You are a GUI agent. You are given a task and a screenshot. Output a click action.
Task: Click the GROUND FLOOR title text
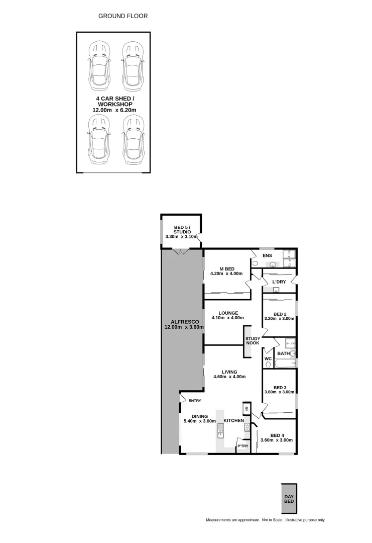tap(123, 16)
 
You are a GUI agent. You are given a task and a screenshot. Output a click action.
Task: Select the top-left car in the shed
tap(99, 64)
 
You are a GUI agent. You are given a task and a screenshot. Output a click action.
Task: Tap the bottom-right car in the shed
tap(133, 139)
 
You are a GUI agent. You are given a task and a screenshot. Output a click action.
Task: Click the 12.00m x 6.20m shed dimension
tap(114, 110)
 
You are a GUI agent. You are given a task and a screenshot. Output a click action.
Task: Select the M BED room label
tap(226, 268)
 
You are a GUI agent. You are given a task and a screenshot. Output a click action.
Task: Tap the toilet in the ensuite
tap(255, 263)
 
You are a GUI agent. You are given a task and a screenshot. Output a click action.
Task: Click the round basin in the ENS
tap(273, 265)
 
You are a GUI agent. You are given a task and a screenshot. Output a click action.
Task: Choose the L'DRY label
tap(279, 282)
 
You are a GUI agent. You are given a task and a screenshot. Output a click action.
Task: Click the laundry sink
tap(276, 290)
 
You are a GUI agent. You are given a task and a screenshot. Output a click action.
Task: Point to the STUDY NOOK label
tap(253, 340)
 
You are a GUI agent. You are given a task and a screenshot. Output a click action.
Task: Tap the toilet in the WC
tap(268, 364)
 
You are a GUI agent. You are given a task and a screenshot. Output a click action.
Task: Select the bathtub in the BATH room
tap(285, 363)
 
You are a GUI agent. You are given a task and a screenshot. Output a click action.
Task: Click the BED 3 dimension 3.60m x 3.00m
tap(279, 392)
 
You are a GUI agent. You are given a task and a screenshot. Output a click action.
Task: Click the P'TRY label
tap(242, 446)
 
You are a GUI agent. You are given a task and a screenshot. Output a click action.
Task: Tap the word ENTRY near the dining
tap(195, 401)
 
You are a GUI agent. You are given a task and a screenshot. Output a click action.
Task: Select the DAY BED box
tap(289, 498)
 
